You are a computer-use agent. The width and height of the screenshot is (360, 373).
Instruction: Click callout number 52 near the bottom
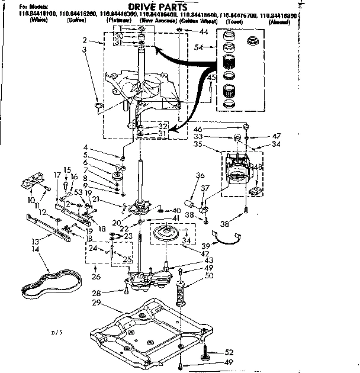click(x=230, y=351)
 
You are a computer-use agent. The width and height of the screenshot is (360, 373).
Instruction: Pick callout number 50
click(x=208, y=276)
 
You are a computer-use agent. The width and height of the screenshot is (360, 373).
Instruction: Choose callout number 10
click(x=31, y=199)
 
